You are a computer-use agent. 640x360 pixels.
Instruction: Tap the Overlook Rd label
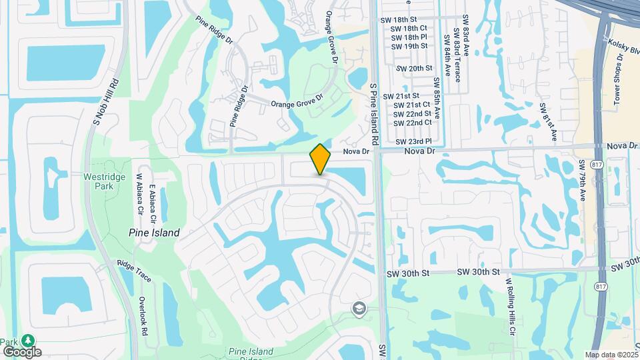[x=143, y=316]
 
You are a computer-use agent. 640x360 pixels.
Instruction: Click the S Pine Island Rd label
[x=374, y=114]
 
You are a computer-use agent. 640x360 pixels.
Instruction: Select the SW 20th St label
[x=415, y=69]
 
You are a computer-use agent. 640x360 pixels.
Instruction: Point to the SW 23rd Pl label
[x=414, y=141]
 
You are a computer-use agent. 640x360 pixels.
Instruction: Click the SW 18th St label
[x=398, y=20]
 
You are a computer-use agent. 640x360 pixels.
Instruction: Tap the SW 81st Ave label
[x=549, y=122]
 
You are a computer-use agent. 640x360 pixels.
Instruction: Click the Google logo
[x=22, y=352]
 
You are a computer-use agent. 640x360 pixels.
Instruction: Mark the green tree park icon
[x=28, y=340]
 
